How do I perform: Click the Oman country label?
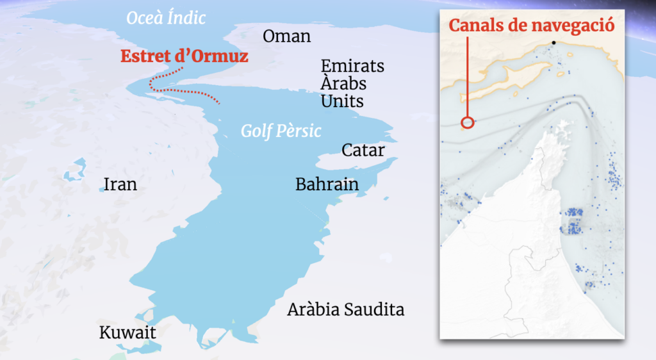[286, 37]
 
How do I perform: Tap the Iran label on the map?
[120, 185]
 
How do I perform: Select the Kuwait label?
[127, 333]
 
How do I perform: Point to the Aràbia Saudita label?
[345, 310]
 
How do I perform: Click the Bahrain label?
[326, 184]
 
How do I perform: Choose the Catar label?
[363, 151]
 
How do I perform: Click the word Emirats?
[352, 66]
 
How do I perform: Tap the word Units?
[342, 101]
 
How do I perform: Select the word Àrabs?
[343, 84]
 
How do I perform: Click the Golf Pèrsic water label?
[281, 131]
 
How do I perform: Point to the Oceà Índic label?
[166, 18]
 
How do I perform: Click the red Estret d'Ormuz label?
[184, 56]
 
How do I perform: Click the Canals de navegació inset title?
[532, 26]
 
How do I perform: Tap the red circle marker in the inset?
[468, 122]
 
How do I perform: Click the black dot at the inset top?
[553, 43]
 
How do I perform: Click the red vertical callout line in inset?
[468, 77]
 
